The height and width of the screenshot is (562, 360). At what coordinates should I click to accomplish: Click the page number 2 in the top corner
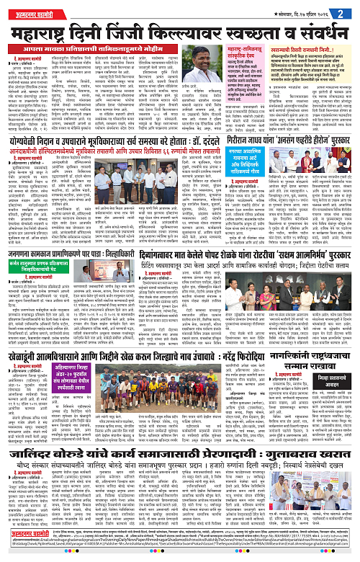(x=348, y=12)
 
